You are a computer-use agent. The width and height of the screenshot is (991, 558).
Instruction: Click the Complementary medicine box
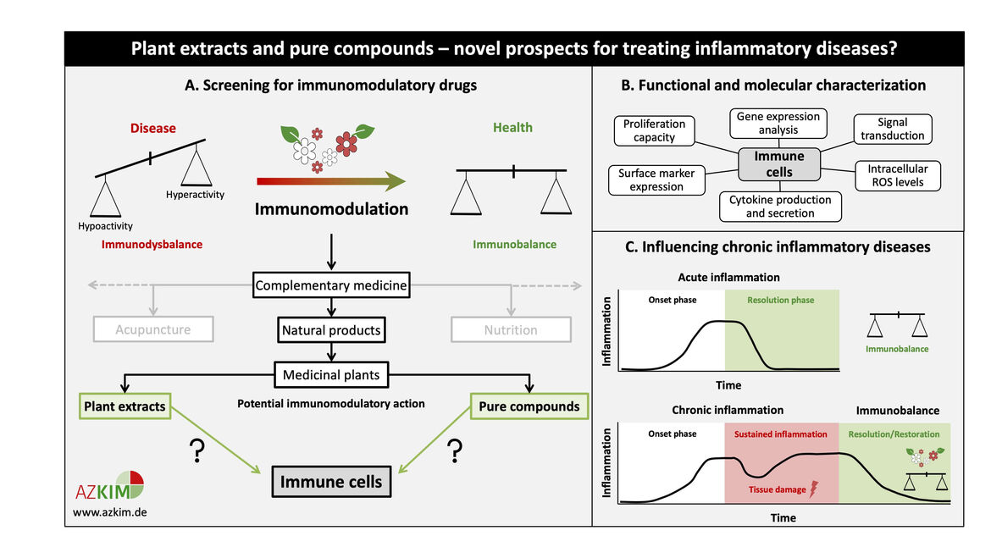pyautogui.click(x=331, y=286)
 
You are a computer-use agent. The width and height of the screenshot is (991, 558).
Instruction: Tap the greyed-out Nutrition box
pyautogui.click(x=511, y=329)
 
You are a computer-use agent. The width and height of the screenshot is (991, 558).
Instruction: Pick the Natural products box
pyautogui.click(x=331, y=329)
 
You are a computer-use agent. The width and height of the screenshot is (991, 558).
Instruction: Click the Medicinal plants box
pyautogui.click(x=331, y=374)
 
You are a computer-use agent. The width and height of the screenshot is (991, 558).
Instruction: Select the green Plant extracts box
pyautogui.click(x=125, y=406)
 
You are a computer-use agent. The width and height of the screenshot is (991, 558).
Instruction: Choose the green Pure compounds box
pyautogui.click(x=529, y=406)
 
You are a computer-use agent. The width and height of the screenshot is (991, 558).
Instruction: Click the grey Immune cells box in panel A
pyautogui.click(x=331, y=482)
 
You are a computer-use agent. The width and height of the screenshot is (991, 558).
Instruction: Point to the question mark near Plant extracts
pyautogui.click(x=197, y=452)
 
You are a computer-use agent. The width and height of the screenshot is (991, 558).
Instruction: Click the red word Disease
pyautogui.click(x=152, y=129)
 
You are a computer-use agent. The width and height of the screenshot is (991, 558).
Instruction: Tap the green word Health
pyautogui.click(x=512, y=128)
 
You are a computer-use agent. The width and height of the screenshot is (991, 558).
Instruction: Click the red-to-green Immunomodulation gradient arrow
pyautogui.click(x=330, y=180)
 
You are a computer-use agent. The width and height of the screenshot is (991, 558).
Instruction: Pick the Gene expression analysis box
pyautogui.click(x=778, y=123)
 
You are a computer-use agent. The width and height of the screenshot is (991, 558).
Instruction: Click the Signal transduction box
pyautogui.click(x=893, y=129)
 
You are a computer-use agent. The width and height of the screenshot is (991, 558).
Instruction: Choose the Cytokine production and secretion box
pyautogui.click(x=780, y=207)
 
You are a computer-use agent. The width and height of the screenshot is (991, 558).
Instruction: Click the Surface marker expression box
pyautogui.click(x=656, y=180)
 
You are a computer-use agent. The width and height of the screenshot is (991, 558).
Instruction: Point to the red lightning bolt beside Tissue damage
pyautogui.click(x=816, y=489)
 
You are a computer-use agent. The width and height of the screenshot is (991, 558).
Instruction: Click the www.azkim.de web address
pyautogui.click(x=110, y=513)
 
